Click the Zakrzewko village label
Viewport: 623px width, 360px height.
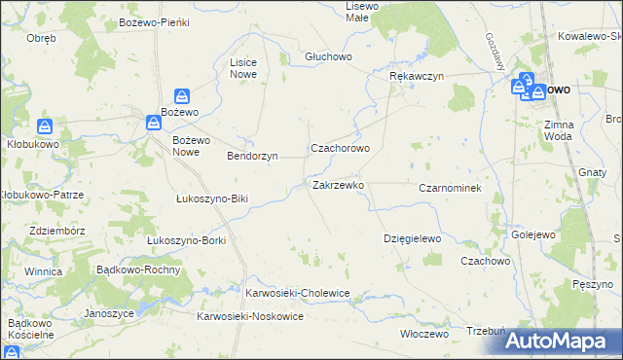(x=338, y=184)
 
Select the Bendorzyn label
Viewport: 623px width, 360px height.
(x=252, y=156)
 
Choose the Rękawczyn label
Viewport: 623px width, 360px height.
(x=416, y=76)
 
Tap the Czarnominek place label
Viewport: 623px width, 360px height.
(x=450, y=187)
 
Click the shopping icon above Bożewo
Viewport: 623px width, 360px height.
(x=181, y=96)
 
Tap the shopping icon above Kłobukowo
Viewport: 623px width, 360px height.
(x=45, y=126)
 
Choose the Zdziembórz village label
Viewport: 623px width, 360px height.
(x=55, y=231)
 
